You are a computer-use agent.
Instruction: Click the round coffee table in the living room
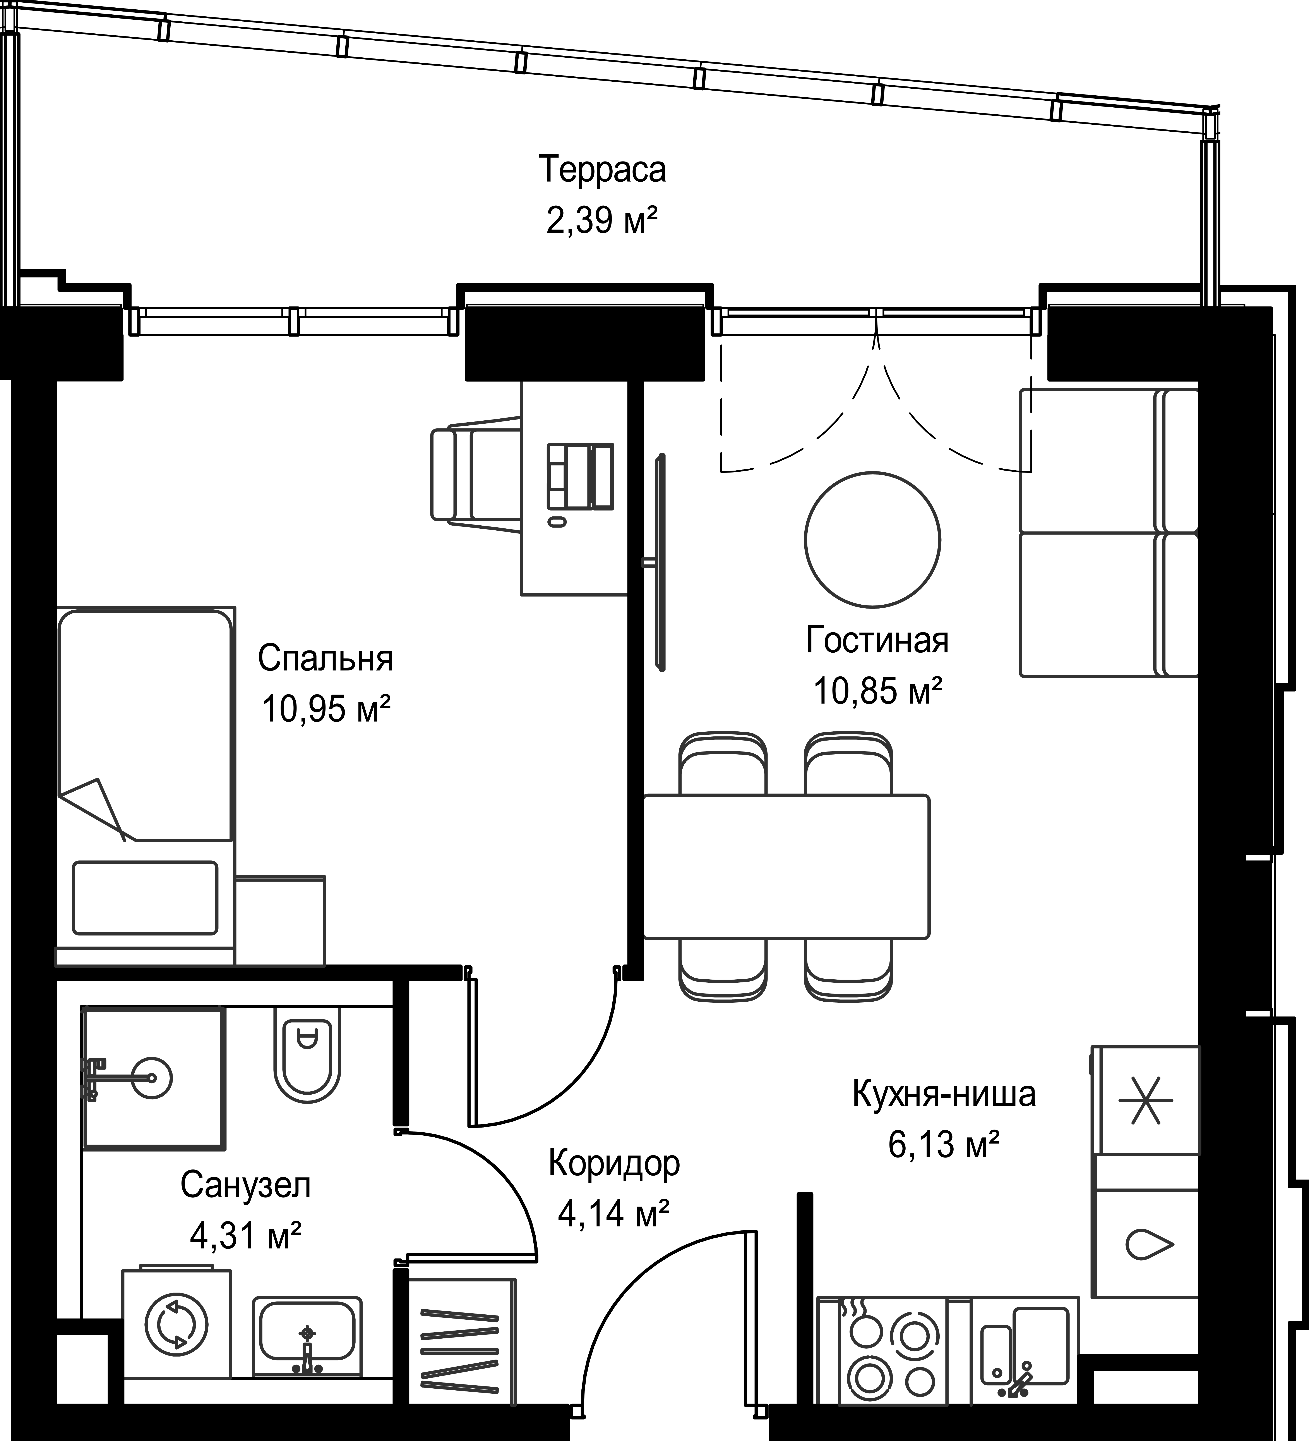click(872, 540)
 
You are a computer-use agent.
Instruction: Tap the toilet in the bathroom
click(307, 1061)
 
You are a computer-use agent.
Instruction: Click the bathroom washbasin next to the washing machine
click(307, 1337)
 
